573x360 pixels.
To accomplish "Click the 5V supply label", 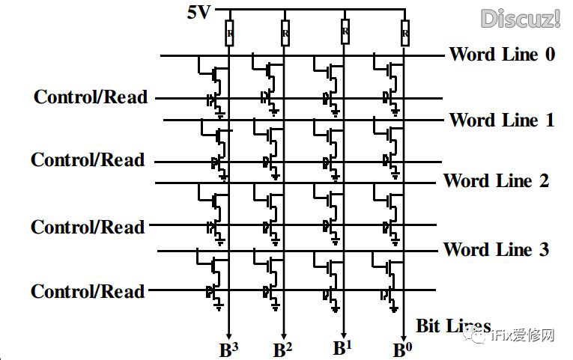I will [x=200, y=13].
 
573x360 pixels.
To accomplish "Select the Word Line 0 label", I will [x=502, y=54].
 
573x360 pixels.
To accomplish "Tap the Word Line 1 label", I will [x=502, y=120].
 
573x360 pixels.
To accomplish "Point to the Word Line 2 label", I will [x=496, y=180].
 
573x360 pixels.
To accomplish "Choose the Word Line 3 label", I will [x=496, y=249].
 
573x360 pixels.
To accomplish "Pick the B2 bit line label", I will [x=282, y=350].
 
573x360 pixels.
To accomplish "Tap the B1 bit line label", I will [x=343, y=348].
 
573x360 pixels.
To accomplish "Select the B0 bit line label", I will [x=403, y=350].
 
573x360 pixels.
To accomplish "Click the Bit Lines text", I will [x=452, y=326].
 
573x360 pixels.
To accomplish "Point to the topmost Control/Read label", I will [x=91, y=97].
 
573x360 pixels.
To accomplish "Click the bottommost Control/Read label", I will [x=88, y=290].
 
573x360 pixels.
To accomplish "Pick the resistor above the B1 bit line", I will [x=345, y=31].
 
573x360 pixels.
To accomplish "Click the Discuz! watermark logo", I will [x=521, y=18].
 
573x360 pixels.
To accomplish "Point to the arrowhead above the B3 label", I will [x=228, y=335].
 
